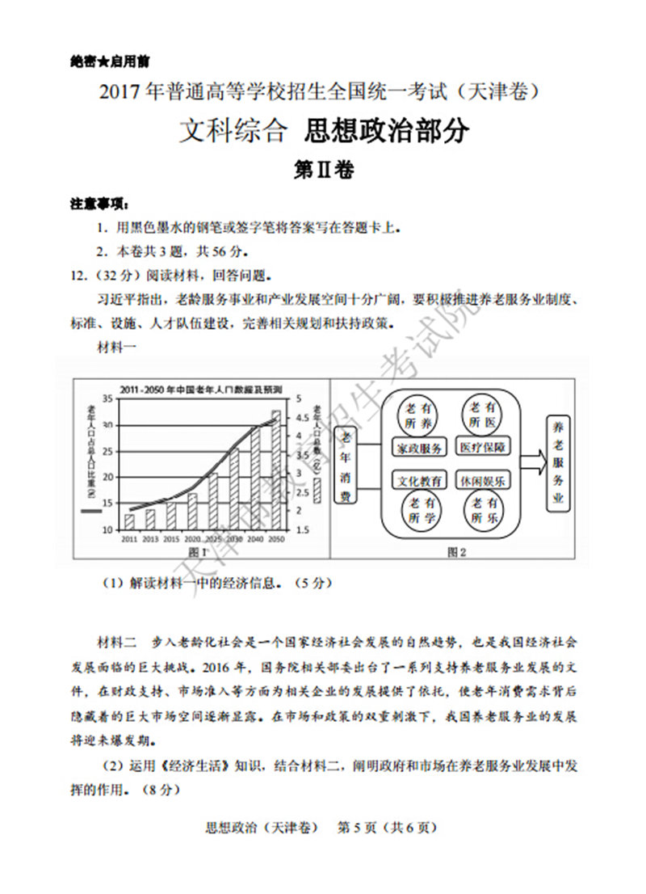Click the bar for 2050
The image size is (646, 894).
pos(276,470)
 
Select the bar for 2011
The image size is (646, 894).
pos(129,521)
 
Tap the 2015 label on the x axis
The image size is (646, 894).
pos(171,538)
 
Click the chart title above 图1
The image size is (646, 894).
pos(201,390)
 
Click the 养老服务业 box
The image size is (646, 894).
pos(557,463)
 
